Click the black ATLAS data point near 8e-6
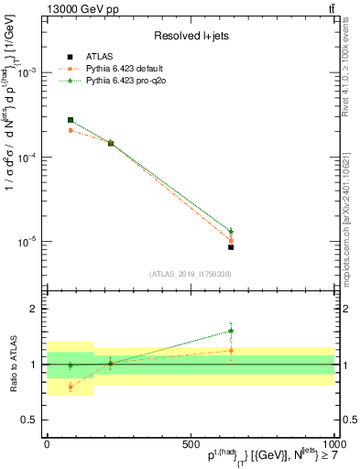(231, 247)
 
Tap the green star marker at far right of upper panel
(231, 231)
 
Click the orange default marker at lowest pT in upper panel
(71, 130)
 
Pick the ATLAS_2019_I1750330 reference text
(190, 274)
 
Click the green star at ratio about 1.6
(231, 332)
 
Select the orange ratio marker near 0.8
(71, 387)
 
